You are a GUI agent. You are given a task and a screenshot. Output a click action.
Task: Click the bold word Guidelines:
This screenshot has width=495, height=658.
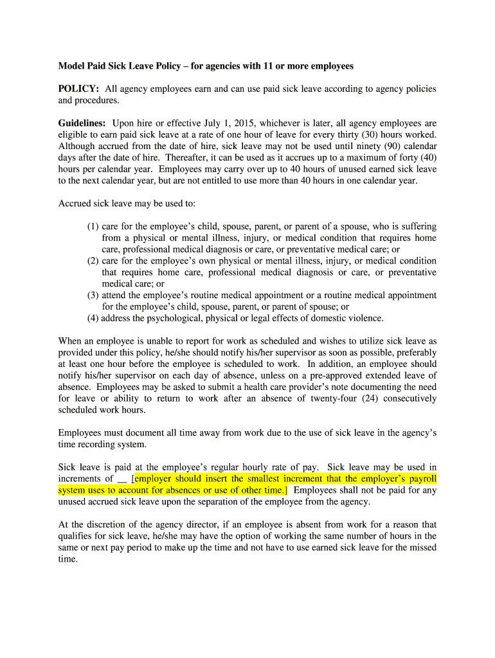(82, 123)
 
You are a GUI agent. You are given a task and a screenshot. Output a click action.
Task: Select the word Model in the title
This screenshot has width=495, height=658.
(72, 66)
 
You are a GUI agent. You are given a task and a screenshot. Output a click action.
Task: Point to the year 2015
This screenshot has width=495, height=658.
(251, 123)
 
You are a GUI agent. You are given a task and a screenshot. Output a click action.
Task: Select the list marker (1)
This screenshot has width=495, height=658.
(93, 226)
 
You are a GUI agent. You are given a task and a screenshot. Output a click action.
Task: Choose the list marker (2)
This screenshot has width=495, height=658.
(93, 261)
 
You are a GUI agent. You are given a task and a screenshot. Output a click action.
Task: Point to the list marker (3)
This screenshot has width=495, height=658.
(93, 295)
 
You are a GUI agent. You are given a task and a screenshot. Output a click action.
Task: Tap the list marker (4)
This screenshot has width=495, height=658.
(93, 318)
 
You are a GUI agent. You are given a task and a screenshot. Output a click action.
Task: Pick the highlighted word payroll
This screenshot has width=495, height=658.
(421, 479)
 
